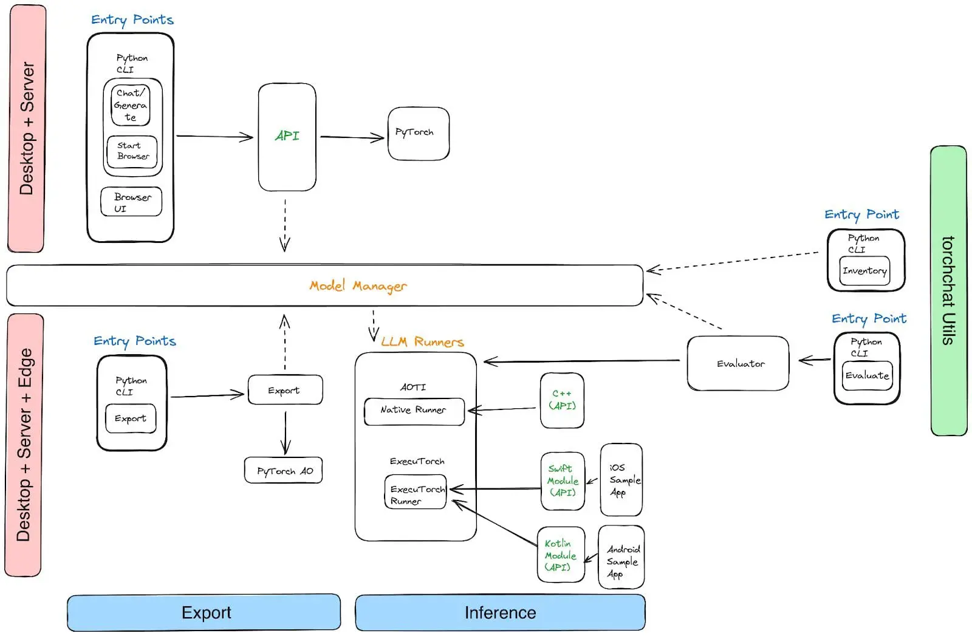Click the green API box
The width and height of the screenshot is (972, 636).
[x=287, y=137]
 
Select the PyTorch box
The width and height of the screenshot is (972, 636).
[x=418, y=134]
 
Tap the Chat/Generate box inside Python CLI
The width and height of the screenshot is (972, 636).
[x=131, y=105]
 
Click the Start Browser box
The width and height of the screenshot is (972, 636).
[x=132, y=151]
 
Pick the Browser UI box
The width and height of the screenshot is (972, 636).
[x=131, y=202]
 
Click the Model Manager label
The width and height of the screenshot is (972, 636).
[x=358, y=286]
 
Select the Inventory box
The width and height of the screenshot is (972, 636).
[x=864, y=271]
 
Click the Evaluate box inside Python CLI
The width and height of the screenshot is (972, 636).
[x=867, y=375]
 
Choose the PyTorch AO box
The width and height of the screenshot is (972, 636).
[x=284, y=471]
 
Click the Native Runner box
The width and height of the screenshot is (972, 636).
[x=414, y=411]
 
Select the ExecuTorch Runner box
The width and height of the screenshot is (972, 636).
[x=416, y=493]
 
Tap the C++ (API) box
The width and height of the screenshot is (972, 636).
[x=562, y=400]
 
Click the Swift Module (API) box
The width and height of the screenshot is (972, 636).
[x=563, y=480]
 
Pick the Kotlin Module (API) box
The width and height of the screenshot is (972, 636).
[x=560, y=555]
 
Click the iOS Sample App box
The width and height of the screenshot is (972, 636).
[x=621, y=480]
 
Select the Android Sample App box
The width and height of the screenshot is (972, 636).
[x=621, y=558]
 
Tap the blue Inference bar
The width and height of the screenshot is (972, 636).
[x=500, y=612]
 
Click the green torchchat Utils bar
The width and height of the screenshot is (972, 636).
[x=948, y=290]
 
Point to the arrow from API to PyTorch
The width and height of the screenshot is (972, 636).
[x=352, y=137]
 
